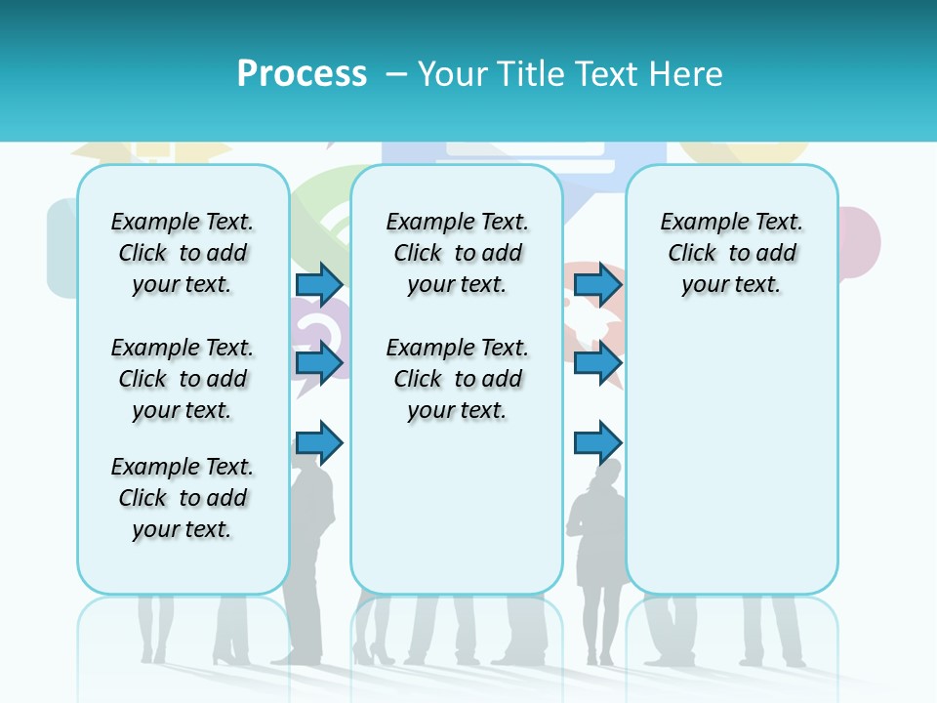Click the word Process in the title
point(302,74)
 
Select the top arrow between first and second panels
point(319,284)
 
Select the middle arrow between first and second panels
point(319,363)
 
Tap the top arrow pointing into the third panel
point(597,284)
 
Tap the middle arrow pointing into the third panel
point(597,363)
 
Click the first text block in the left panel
point(183,253)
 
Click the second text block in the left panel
point(183,379)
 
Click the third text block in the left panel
point(183,498)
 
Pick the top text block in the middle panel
point(457,253)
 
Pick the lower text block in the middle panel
point(457,379)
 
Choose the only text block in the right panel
point(731,253)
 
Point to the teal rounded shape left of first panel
point(61,249)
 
